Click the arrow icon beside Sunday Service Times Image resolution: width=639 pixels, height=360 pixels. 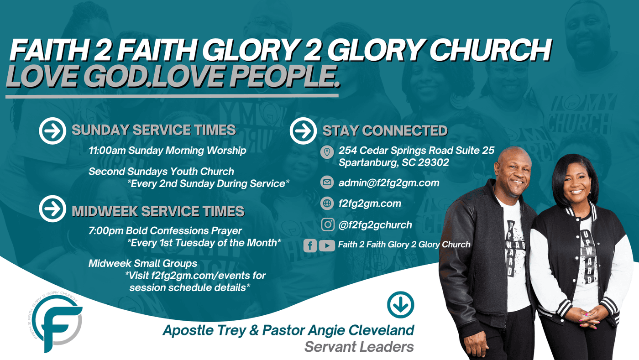point(52,130)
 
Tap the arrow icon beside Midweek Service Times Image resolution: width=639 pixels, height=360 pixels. point(52,209)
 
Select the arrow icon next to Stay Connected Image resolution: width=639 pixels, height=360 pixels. point(303,130)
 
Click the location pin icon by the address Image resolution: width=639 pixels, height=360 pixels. point(327,152)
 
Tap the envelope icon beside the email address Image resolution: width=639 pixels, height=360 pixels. point(327,183)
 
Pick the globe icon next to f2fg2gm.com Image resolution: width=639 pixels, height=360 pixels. point(327,203)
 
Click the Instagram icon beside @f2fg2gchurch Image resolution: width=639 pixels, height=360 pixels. point(328,224)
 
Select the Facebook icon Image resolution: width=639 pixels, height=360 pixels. point(310,245)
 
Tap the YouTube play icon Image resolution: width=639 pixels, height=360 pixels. point(327,245)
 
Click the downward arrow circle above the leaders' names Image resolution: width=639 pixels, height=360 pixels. point(401,305)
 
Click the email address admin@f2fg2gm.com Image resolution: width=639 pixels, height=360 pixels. point(389,183)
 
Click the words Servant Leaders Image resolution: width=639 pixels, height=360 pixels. point(359,347)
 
